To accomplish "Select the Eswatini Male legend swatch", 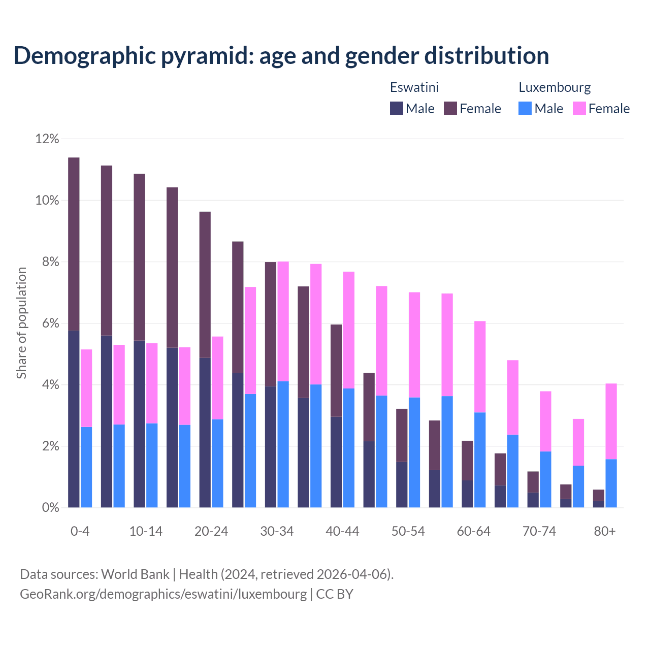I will [397, 108].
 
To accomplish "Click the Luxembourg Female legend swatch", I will [579, 108].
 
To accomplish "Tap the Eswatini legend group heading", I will [414, 87].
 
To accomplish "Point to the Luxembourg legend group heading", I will [555, 87].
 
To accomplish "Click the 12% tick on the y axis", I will [47, 139].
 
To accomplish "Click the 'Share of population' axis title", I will [21, 323].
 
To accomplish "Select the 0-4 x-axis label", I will [80, 531].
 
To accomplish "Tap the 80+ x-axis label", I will [605, 531].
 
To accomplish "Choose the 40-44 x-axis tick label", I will [342, 531].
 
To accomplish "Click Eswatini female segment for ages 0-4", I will [74, 244].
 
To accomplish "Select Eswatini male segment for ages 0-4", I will [74, 419].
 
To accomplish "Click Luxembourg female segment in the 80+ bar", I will [611, 421].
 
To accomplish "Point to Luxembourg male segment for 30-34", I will [283, 444].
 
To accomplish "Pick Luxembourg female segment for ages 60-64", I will [480, 367].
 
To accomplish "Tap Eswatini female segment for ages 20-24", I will [205, 284].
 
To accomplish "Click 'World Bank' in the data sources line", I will [135, 574].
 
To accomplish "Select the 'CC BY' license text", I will [335, 594].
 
